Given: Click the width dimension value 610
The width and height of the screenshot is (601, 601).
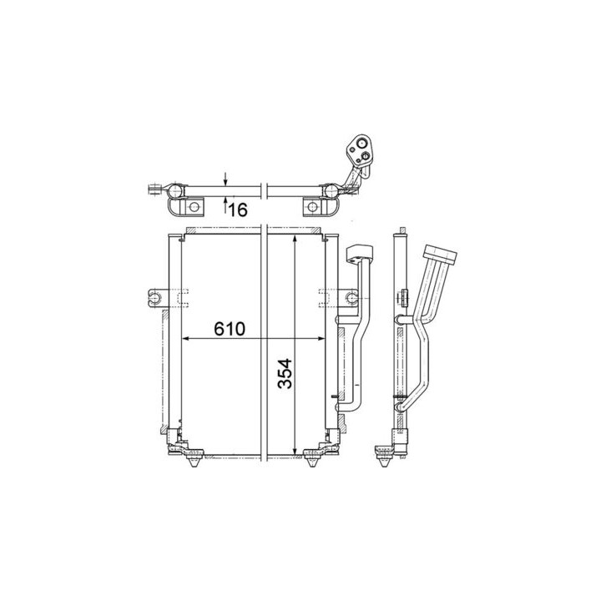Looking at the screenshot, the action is [x=230, y=329].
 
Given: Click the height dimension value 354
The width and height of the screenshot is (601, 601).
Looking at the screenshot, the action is [x=285, y=374].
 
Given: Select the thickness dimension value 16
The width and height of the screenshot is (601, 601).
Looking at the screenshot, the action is [x=238, y=210].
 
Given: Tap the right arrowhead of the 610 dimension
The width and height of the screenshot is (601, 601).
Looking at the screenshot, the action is [x=321, y=338].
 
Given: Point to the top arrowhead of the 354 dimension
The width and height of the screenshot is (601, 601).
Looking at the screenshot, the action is [x=295, y=239].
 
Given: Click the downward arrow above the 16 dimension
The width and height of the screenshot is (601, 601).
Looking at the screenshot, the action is [x=225, y=179].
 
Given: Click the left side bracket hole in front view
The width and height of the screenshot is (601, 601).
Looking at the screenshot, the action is [x=155, y=298].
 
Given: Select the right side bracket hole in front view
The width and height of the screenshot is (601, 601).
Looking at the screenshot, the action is [x=351, y=298].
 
